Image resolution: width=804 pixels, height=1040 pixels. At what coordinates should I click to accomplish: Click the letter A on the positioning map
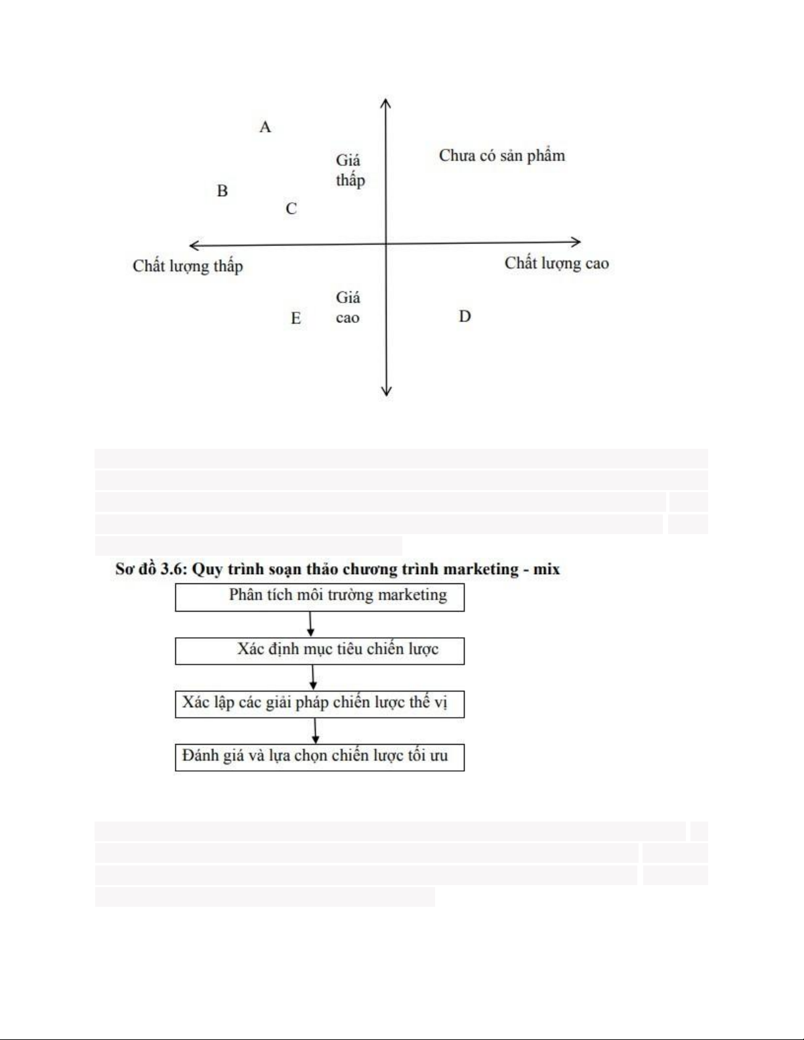click(x=265, y=127)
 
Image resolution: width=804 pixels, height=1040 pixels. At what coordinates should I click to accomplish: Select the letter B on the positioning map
click(x=222, y=191)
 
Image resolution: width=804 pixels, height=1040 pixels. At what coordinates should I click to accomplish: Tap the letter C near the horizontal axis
click(x=291, y=209)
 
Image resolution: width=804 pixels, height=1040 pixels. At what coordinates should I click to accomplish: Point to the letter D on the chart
click(x=465, y=316)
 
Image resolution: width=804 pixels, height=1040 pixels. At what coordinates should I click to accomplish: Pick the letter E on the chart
click(x=296, y=318)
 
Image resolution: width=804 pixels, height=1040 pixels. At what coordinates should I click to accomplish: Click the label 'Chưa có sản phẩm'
click(x=502, y=156)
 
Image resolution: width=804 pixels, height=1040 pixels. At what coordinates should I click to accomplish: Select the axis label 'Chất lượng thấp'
click(x=188, y=266)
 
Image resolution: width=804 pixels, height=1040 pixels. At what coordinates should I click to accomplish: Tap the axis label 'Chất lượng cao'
click(x=557, y=263)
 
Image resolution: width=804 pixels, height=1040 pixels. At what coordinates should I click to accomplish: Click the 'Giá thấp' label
click(x=350, y=170)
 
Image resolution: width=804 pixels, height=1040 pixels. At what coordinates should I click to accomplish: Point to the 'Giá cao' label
click(x=348, y=308)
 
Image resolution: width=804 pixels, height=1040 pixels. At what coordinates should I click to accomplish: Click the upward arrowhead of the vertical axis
click(x=386, y=103)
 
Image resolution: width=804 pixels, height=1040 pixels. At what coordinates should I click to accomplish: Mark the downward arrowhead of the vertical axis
click(x=387, y=391)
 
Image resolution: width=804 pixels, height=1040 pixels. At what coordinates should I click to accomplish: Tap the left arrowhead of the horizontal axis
click(x=194, y=245)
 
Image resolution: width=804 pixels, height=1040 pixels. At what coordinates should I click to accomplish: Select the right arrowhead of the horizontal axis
click(x=576, y=242)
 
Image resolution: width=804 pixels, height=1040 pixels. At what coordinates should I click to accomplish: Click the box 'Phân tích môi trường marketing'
click(x=320, y=597)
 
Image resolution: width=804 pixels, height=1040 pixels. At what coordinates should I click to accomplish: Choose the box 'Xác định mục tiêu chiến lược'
click(x=320, y=651)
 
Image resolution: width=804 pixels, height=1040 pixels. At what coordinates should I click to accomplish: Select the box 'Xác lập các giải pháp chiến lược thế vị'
click(x=320, y=703)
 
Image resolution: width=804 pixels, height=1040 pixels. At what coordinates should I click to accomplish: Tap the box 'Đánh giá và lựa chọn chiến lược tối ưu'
click(x=320, y=757)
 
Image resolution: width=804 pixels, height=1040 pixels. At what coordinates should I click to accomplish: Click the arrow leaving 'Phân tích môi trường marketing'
click(x=310, y=624)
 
